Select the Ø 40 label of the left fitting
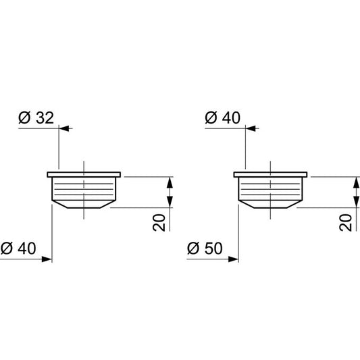(19, 249)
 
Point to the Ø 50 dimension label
(205, 249)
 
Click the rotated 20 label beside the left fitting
(160, 222)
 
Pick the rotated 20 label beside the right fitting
(346, 222)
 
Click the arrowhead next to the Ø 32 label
(65, 126)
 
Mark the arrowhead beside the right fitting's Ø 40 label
(251, 126)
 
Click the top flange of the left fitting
(84, 174)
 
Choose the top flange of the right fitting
(270, 174)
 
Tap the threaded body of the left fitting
(84, 188)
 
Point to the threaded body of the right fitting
(270, 188)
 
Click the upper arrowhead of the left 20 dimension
(170, 182)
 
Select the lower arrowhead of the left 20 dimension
(170, 202)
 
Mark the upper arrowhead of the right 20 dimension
(355, 182)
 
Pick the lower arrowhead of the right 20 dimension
(355, 202)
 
